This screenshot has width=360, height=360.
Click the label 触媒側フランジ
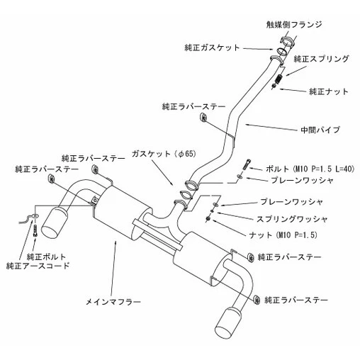(x=294, y=25)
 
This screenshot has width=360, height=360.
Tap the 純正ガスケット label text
(x=212, y=48)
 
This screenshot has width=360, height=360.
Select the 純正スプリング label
(x=321, y=59)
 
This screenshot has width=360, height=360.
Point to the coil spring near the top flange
(x=279, y=79)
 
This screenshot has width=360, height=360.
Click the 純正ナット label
(x=329, y=91)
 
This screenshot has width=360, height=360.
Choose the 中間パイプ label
(x=320, y=130)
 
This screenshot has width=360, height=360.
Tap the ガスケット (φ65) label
(x=164, y=154)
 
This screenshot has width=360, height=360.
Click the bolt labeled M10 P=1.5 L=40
(x=246, y=164)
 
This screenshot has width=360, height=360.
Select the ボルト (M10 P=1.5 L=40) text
(x=310, y=169)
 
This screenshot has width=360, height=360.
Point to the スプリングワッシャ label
(x=292, y=219)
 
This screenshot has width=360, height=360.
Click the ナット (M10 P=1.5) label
(x=283, y=235)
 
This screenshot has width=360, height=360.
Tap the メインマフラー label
(x=113, y=302)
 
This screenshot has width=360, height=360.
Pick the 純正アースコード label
(x=38, y=266)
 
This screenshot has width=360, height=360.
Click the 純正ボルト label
(x=46, y=257)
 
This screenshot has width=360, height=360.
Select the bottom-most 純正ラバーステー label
(x=296, y=300)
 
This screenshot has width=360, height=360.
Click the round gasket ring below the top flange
(x=281, y=51)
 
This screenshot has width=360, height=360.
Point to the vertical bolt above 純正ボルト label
(x=35, y=230)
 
